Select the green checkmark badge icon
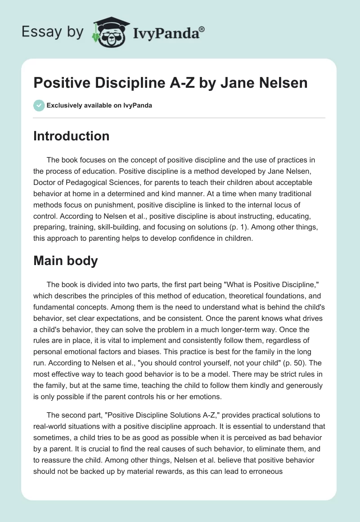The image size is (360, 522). tap(39, 105)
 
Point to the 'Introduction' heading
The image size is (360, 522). tap(71, 136)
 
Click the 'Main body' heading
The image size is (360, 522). tap(65, 261)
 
